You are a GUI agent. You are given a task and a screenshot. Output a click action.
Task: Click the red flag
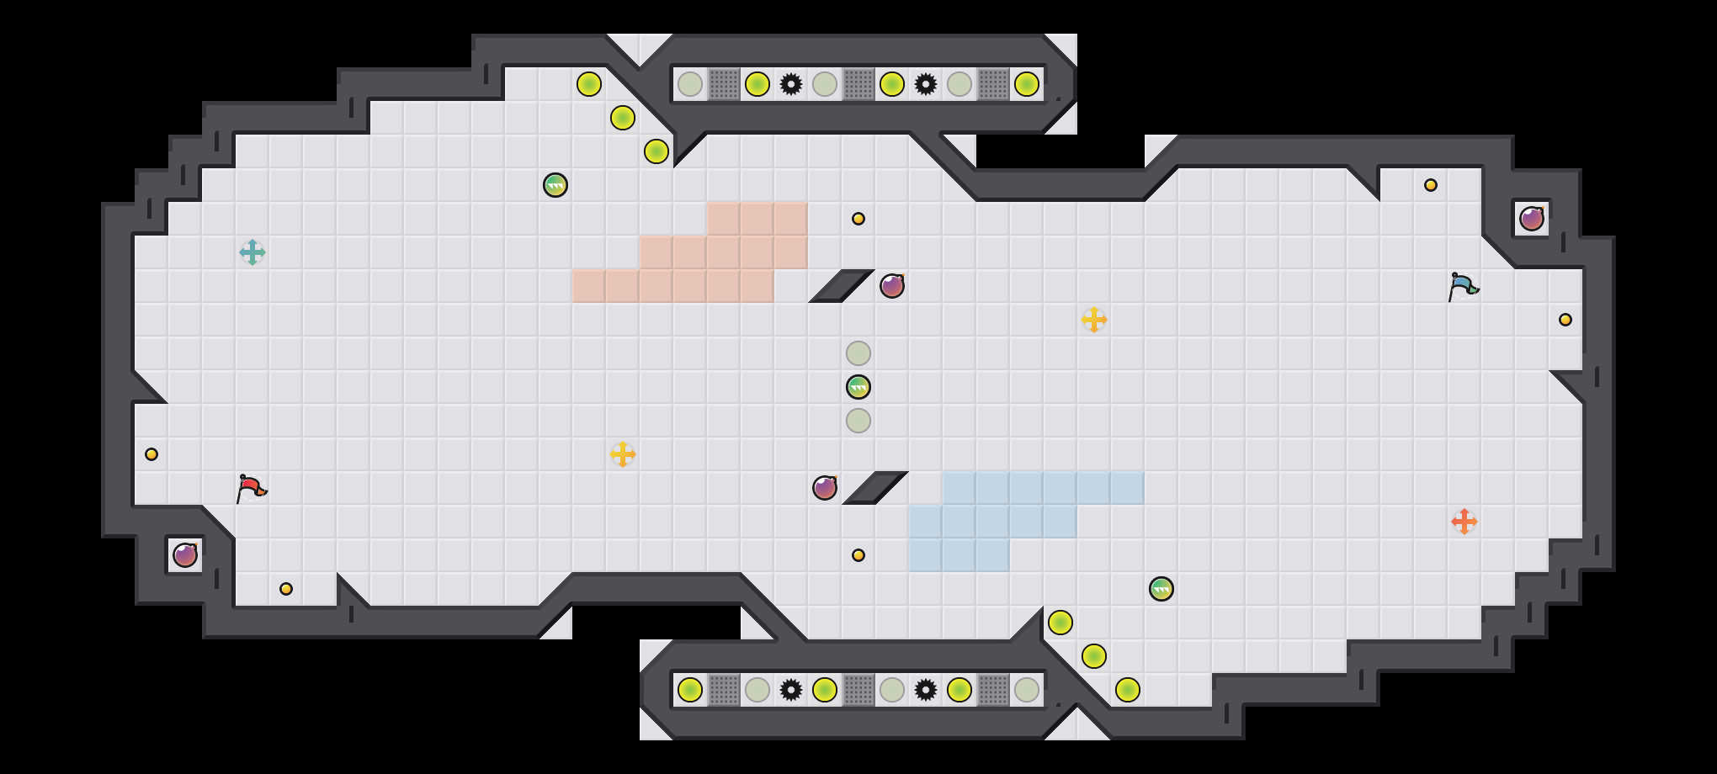pyautogui.click(x=251, y=488)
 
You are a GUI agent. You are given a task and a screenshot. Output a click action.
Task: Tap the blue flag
pyautogui.click(x=1463, y=286)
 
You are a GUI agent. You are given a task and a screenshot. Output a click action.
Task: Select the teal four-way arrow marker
pyautogui.click(x=252, y=252)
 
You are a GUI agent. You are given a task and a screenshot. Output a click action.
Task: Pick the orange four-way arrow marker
pyautogui.click(x=1464, y=522)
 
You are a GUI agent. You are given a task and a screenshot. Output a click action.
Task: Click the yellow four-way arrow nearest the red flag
pyautogui.click(x=623, y=454)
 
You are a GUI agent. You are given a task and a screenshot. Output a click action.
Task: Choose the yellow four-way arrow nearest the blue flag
pyautogui.click(x=1094, y=320)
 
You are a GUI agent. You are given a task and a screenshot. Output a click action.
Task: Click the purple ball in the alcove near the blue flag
pyautogui.click(x=1532, y=219)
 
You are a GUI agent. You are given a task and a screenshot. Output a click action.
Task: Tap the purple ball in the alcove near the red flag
pyautogui.click(x=185, y=555)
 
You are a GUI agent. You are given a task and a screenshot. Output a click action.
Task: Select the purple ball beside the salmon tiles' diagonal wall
pyautogui.click(x=892, y=286)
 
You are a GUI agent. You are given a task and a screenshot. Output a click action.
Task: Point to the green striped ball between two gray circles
pyautogui.click(x=858, y=387)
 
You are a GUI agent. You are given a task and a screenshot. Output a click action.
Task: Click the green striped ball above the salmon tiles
pyautogui.click(x=555, y=185)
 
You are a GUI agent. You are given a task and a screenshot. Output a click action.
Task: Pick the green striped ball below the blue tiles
pyautogui.click(x=1161, y=589)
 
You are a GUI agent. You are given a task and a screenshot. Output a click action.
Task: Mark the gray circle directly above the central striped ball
pyautogui.click(x=858, y=353)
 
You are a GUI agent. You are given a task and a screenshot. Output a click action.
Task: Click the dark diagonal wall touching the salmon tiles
pyautogui.click(x=842, y=286)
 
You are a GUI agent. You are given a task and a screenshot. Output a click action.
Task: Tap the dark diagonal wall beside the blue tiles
pyautogui.click(x=875, y=488)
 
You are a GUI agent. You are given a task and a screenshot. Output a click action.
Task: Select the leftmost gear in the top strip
pyautogui.click(x=791, y=84)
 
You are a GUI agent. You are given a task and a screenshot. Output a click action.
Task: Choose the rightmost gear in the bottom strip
pyautogui.click(x=926, y=690)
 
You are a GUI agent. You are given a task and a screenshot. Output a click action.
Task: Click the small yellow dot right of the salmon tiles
pyautogui.click(x=858, y=219)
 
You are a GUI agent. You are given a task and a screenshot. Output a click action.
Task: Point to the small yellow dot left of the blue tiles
pyautogui.click(x=858, y=555)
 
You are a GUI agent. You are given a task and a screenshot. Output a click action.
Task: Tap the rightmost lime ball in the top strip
pyautogui.click(x=1027, y=84)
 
